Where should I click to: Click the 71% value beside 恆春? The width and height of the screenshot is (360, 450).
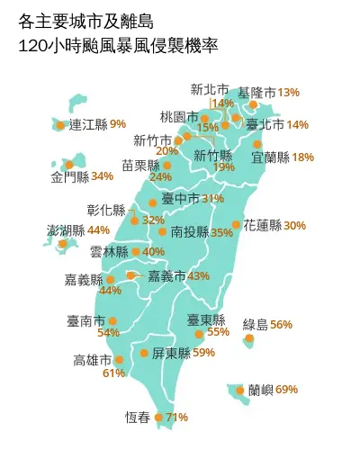177,417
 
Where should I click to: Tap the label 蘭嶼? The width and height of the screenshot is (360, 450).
261,390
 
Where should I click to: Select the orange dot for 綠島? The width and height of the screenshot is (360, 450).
249,339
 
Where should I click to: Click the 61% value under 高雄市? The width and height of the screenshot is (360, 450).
113,373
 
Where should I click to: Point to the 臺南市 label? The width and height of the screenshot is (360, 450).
85,320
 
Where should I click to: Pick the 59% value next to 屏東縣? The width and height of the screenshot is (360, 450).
203,353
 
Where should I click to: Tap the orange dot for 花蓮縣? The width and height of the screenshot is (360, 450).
236,225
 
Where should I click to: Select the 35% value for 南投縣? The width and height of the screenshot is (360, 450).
221,232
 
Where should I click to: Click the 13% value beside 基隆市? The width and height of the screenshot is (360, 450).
289,92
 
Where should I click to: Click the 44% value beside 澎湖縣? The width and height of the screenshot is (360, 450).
99,230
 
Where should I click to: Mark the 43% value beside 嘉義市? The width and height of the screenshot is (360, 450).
198,275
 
